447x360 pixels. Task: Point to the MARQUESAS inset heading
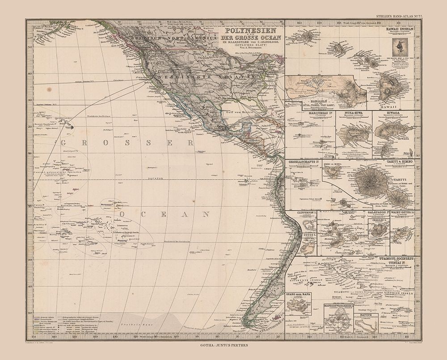coord(308,113)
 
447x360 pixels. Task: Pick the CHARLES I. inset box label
coord(377,219)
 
